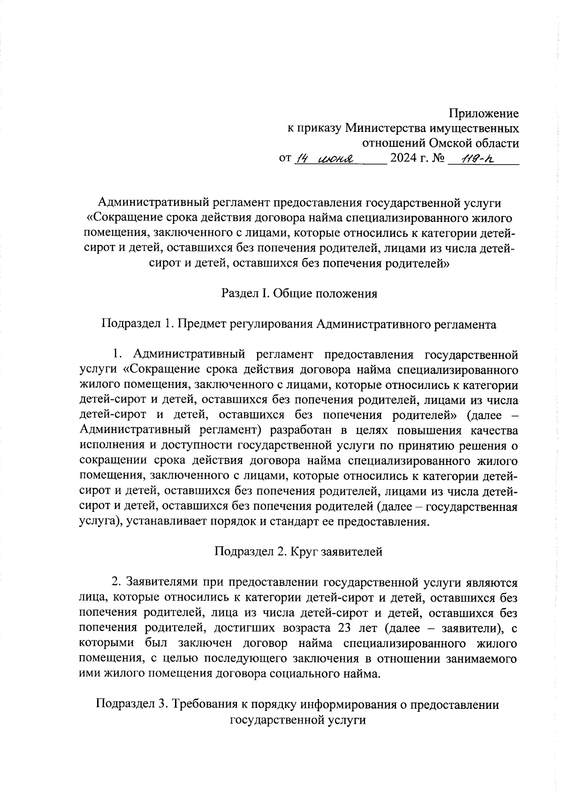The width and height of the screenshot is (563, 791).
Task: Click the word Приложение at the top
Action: click(x=484, y=114)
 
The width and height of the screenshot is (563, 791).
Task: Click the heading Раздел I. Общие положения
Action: click(x=299, y=294)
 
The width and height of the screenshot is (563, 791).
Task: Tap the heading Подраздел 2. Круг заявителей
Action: click(x=298, y=551)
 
